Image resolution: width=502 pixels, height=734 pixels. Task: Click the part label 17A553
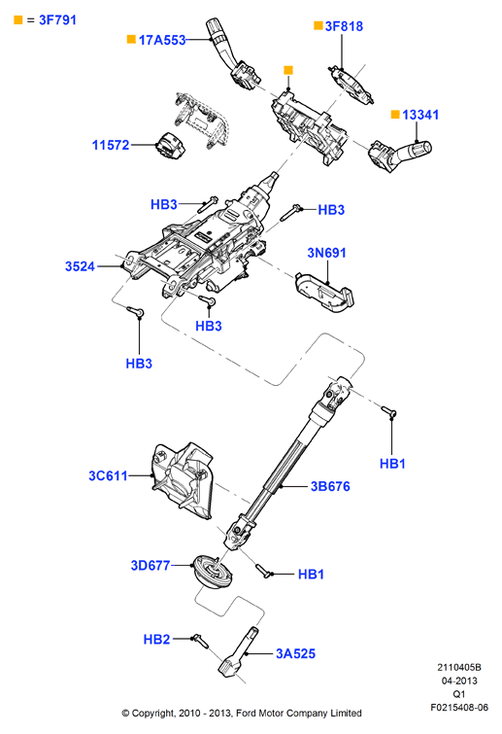point(162,40)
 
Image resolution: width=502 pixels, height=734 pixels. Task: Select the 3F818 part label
point(344,26)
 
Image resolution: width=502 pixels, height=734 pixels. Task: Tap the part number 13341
point(420,115)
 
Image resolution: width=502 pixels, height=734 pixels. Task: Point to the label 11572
point(111,145)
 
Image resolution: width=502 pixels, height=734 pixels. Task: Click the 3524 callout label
point(80,266)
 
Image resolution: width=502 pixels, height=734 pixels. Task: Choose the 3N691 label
point(326,253)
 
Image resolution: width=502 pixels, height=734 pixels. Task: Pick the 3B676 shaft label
point(330,486)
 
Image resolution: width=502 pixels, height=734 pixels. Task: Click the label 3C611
point(108,475)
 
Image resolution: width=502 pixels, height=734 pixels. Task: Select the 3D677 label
point(151,566)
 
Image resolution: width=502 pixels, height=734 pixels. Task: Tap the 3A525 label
point(295,653)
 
